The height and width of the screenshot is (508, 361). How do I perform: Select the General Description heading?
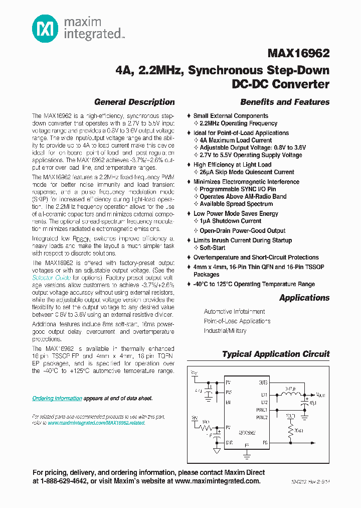click(134, 102)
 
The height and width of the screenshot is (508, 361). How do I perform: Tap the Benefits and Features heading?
click(285, 102)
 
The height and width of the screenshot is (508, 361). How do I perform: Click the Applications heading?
click(304, 298)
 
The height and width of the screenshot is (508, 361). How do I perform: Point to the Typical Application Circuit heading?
click(276, 354)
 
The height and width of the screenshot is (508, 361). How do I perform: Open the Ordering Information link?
click(57, 398)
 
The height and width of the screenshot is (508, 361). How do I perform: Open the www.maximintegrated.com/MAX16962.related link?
click(96, 423)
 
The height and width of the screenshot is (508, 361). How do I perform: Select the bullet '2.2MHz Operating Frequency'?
click(238, 123)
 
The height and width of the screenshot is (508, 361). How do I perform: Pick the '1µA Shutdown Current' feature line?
click(230, 221)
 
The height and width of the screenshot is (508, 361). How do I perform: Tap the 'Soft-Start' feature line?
click(213, 247)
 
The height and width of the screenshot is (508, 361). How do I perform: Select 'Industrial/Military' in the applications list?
click(225, 331)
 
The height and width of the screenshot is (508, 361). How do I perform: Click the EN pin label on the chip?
click(229, 402)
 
